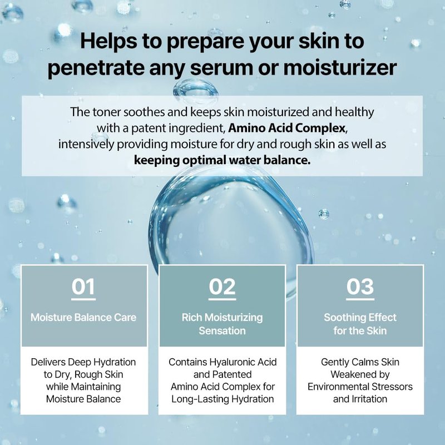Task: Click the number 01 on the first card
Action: (83, 286)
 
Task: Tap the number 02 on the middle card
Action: (222, 286)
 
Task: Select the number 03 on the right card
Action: (360, 286)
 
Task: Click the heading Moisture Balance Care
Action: (83, 317)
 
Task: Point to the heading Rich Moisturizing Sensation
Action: (222, 324)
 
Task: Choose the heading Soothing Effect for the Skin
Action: (360, 324)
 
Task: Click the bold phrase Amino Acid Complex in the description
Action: (286, 128)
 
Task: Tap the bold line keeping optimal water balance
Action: (222, 160)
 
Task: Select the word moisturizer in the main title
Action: (340, 67)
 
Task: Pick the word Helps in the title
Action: (108, 41)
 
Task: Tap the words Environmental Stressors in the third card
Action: (360, 387)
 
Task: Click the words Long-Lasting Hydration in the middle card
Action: (223, 399)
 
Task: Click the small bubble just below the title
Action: (196, 90)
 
